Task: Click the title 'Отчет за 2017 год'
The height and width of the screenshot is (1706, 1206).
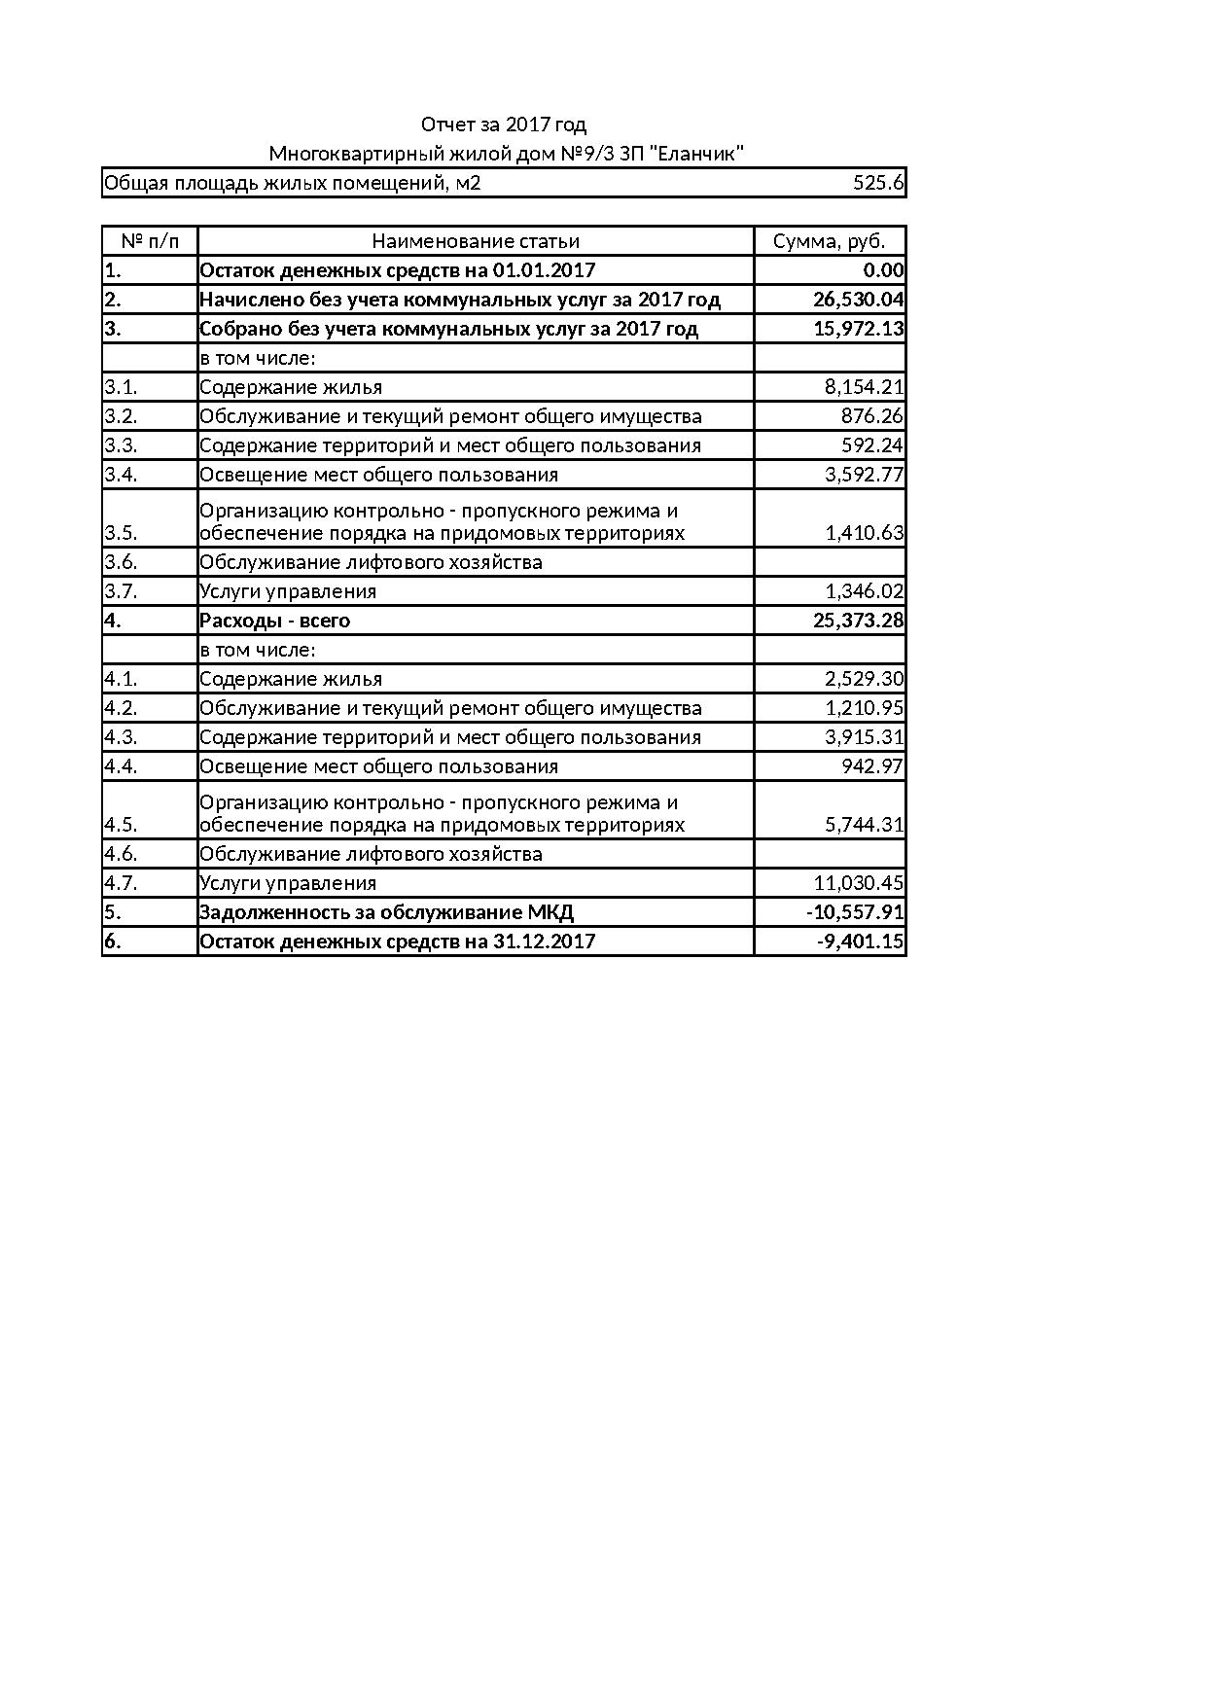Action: click(x=503, y=124)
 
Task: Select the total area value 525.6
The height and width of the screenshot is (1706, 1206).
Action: click(x=878, y=183)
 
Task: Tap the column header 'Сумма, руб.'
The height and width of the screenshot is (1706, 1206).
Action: click(x=829, y=241)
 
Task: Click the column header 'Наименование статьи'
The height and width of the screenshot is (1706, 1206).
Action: click(x=476, y=241)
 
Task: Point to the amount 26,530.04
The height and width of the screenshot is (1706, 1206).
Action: click(x=858, y=300)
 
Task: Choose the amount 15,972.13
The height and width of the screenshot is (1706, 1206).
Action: click(x=858, y=329)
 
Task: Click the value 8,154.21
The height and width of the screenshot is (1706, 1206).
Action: click(x=864, y=387)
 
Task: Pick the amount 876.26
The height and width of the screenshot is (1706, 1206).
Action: click(x=871, y=416)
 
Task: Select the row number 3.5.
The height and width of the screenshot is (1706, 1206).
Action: click(x=121, y=533)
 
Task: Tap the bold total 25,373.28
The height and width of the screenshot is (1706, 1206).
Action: click(x=858, y=621)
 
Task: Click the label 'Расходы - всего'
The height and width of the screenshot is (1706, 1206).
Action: click(x=274, y=621)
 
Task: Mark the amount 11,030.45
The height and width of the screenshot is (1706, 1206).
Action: click(x=858, y=883)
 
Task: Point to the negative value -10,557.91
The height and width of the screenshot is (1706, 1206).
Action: click(x=855, y=912)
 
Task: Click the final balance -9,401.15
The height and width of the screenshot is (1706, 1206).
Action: click(x=860, y=942)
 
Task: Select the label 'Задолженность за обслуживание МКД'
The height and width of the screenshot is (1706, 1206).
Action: click(x=386, y=912)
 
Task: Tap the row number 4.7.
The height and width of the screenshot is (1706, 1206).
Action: click(x=121, y=883)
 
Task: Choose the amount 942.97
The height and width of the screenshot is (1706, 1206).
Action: click(x=871, y=766)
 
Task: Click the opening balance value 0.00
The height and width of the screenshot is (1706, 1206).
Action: click(x=883, y=270)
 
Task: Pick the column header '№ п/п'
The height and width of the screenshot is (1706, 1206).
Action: click(x=150, y=241)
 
